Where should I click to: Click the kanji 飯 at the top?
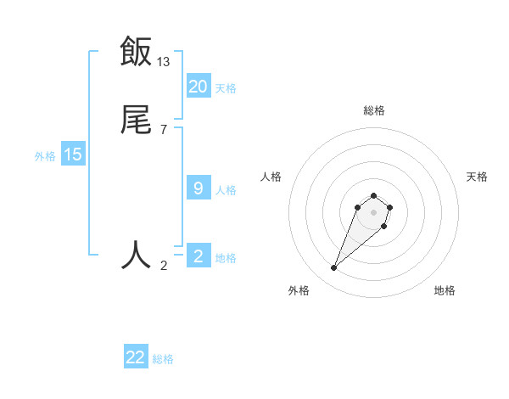coord(136,51)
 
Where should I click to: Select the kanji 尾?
coord(136,121)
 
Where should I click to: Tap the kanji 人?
coord(136,253)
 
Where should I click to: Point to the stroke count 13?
coord(164,61)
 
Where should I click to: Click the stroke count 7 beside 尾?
coord(164,130)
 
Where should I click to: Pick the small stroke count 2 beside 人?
coord(164,266)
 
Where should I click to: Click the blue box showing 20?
coord(199,86)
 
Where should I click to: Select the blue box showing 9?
coord(199,188)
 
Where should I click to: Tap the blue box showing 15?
coord(73,155)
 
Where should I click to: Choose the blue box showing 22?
coord(136,357)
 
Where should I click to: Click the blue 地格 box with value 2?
coord(199,256)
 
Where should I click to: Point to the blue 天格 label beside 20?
coord(226,87)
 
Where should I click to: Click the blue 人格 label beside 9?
coord(226,190)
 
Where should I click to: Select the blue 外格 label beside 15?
coord(45,156)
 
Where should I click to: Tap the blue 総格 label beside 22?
coord(163,359)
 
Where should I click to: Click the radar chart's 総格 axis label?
coord(373,110)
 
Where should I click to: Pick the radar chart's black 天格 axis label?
coord(477,177)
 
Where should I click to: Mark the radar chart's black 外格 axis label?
coord(299,290)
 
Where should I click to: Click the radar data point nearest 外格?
coord(333,268)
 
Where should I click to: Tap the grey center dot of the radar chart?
coord(373,212)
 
